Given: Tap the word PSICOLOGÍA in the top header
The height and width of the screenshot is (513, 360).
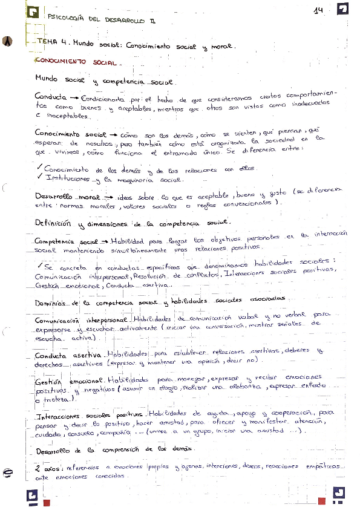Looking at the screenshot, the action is pos(65,19).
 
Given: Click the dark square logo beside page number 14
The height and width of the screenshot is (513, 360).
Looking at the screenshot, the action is pos(342,9).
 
